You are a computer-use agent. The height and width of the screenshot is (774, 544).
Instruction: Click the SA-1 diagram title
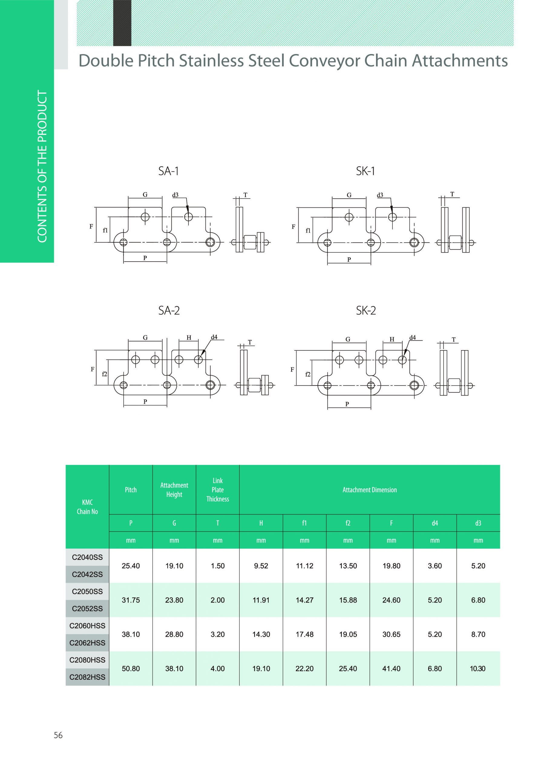pyautogui.click(x=168, y=171)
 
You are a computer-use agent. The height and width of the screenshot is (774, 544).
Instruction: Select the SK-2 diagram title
pyautogui.click(x=365, y=311)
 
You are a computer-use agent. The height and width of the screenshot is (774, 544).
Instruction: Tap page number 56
pyautogui.click(x=58, y=735)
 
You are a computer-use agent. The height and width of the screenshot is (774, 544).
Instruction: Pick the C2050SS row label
pyautogui.click(x=87, y=591)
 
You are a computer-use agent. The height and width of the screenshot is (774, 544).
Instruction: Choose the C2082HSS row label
pyautogui.click(x=87, y=677)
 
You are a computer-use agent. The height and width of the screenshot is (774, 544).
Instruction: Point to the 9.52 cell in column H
pyautogui.click(x=261, y=566)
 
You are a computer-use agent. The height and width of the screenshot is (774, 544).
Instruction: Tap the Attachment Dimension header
pyautogui.click(x=370, y=489)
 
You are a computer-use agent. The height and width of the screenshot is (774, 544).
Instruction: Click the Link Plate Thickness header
pyautogui.click(x=218, y=489)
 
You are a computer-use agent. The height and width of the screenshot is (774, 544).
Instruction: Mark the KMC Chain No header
pyautogui.click(x=87, y=507)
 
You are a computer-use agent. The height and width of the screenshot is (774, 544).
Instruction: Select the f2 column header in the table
pyautogui.click(x=348, y=523)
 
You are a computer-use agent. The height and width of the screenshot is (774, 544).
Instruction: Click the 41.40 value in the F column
pyautogui.click(x=391, y=668)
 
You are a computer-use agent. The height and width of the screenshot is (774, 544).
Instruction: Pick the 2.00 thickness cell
pyautogui.click(x=218, y=600)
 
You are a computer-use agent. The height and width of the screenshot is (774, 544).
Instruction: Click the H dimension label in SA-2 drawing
pyautogui.click(x=189, y=337)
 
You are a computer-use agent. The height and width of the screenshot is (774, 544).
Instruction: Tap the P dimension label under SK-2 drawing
pyautogui.click(x=347, y=404)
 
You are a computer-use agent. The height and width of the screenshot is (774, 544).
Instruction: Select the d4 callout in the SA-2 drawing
pyautogui.click(x=214, y=337)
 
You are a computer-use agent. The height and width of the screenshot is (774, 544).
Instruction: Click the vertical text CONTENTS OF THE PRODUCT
pyautogui.click(x=42, y=166)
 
